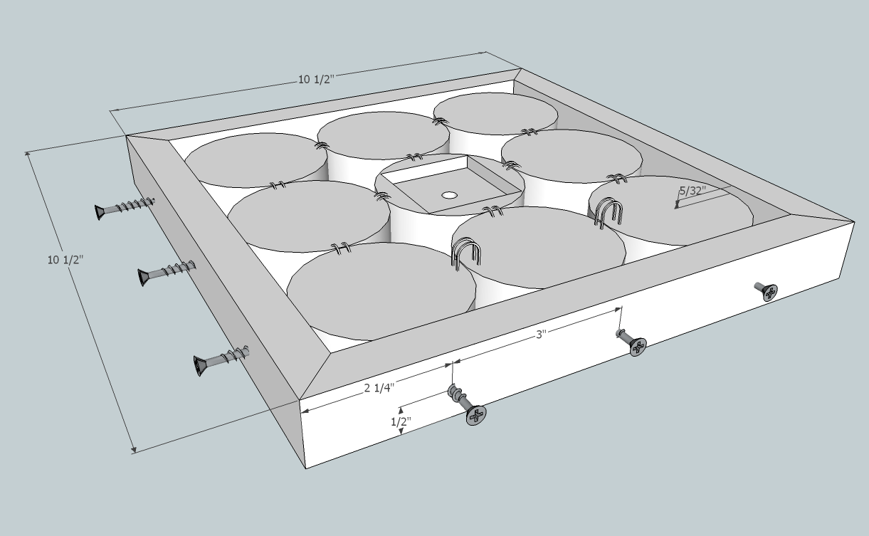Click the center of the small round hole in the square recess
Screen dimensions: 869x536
tap(449, 195)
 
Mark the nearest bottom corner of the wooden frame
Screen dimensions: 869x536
tap(305, 468)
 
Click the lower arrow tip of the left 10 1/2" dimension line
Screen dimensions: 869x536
tap(135, 452)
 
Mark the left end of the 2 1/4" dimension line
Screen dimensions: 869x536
tap(302, 412)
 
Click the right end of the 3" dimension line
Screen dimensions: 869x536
tap(621, 308)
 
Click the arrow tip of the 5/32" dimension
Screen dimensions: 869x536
tap(677, 208)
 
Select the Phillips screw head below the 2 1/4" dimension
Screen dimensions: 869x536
tap(476, 416)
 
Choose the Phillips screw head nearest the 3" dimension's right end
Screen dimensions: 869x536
tap(638, 347)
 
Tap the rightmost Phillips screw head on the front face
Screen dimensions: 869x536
tap(769, 293)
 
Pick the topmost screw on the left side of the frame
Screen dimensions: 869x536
tap(124, 208)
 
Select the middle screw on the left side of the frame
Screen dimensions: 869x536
tap(167, 273)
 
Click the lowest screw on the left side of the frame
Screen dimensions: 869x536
tap(221, 360)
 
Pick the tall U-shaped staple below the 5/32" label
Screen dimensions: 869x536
tap(609, 213)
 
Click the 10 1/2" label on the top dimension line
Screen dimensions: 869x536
tap(316, 80)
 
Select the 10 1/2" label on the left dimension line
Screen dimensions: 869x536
tap(65, 260)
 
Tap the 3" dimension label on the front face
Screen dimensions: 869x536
tap(541, 334)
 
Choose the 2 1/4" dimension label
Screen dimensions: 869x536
tap(379, 388)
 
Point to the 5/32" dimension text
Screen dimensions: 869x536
tap(693, 191)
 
